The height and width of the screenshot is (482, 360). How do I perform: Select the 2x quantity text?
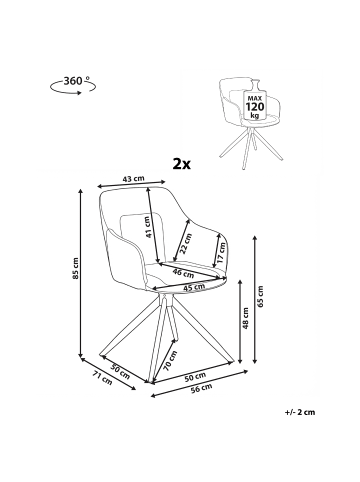tap(182, 164)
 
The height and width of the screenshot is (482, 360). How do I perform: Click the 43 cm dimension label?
tap(134, 179)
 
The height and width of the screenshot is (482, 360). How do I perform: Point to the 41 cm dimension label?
tap(148, 227)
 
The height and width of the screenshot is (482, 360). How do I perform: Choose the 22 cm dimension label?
tap(186, 243)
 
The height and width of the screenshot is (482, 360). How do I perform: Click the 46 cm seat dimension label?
tap(183, 273)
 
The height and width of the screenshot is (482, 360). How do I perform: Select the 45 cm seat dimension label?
tap(194, 287)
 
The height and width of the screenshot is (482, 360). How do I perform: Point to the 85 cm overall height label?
tap(76, 268)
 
